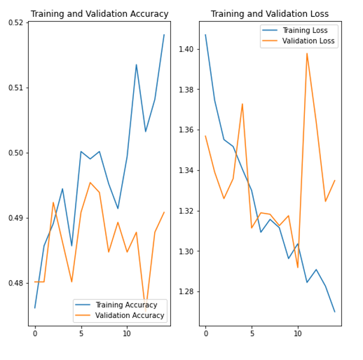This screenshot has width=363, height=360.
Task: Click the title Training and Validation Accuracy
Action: click(100, 14)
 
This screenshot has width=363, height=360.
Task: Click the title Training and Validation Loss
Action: click(269, 14)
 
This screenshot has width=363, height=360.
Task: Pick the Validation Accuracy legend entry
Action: click(130, 315)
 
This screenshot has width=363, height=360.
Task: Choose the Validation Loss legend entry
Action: click(307, 41)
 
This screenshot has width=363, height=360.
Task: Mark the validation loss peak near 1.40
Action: click(307, 53)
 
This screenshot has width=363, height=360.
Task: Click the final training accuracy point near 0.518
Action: click(164, 34)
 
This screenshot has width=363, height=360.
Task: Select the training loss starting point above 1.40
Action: click(205, 34)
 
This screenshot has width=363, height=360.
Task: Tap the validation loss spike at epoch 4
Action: click(242, 104)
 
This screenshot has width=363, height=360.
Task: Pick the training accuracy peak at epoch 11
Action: click(136, 64)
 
